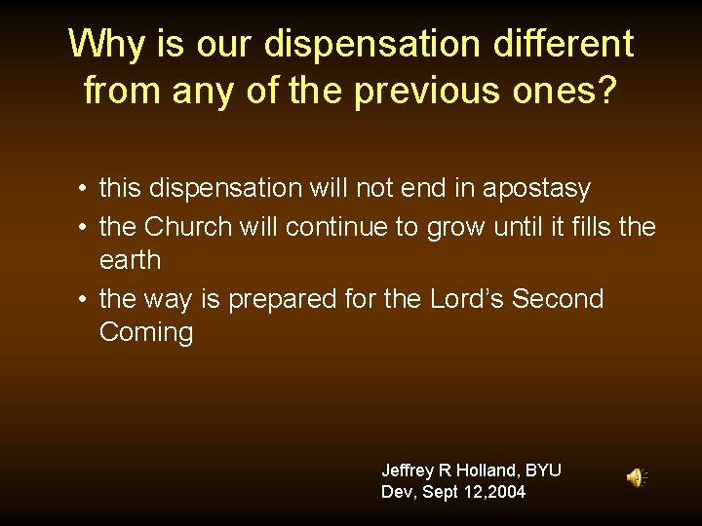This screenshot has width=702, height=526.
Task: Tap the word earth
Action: coord(130,261)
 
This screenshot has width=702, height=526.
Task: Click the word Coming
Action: coord(146,332)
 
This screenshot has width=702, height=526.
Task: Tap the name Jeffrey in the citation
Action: coord(409,470)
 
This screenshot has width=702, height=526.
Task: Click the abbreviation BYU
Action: coord(543,470)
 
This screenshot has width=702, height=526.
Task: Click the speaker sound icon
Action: coord(636,477)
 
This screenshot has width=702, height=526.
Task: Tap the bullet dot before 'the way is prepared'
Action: coord(86,299)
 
